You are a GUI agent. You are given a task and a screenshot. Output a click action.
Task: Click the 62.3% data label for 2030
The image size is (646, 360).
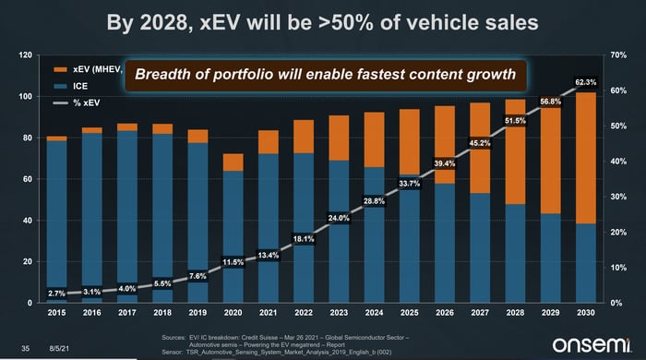[x=584, y=82]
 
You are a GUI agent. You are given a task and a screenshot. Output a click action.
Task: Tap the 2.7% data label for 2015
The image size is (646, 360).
[x=57, y=293]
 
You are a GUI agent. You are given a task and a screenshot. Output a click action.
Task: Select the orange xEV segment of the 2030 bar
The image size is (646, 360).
[x=584, y=157]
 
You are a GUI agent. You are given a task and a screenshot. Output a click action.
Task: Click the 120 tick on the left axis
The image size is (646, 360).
[x=26, y=56]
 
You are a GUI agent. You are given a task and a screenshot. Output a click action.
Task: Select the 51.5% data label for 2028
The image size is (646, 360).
[x=514, y=120]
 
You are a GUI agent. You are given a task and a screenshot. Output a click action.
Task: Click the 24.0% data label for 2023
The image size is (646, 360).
[x=338, y=218]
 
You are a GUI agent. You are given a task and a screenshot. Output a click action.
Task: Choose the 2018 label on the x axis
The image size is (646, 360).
[x=162, y=314]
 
